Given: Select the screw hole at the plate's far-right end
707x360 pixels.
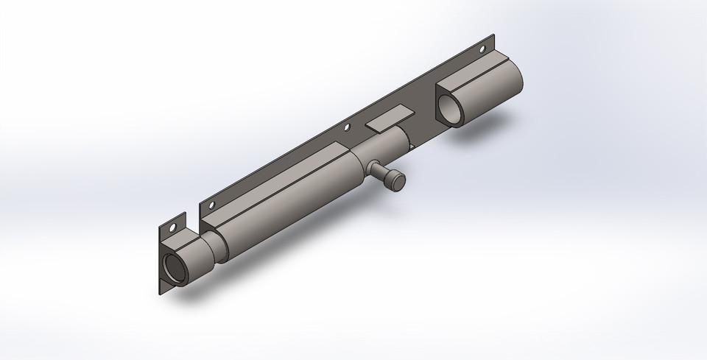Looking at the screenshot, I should click(x=482, y=50).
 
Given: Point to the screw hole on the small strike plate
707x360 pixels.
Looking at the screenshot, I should click(x=173, y=227).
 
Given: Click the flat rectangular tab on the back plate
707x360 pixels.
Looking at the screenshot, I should click(x=391, y=119).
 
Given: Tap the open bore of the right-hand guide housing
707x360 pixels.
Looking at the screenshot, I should click(x=451, y=109).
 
